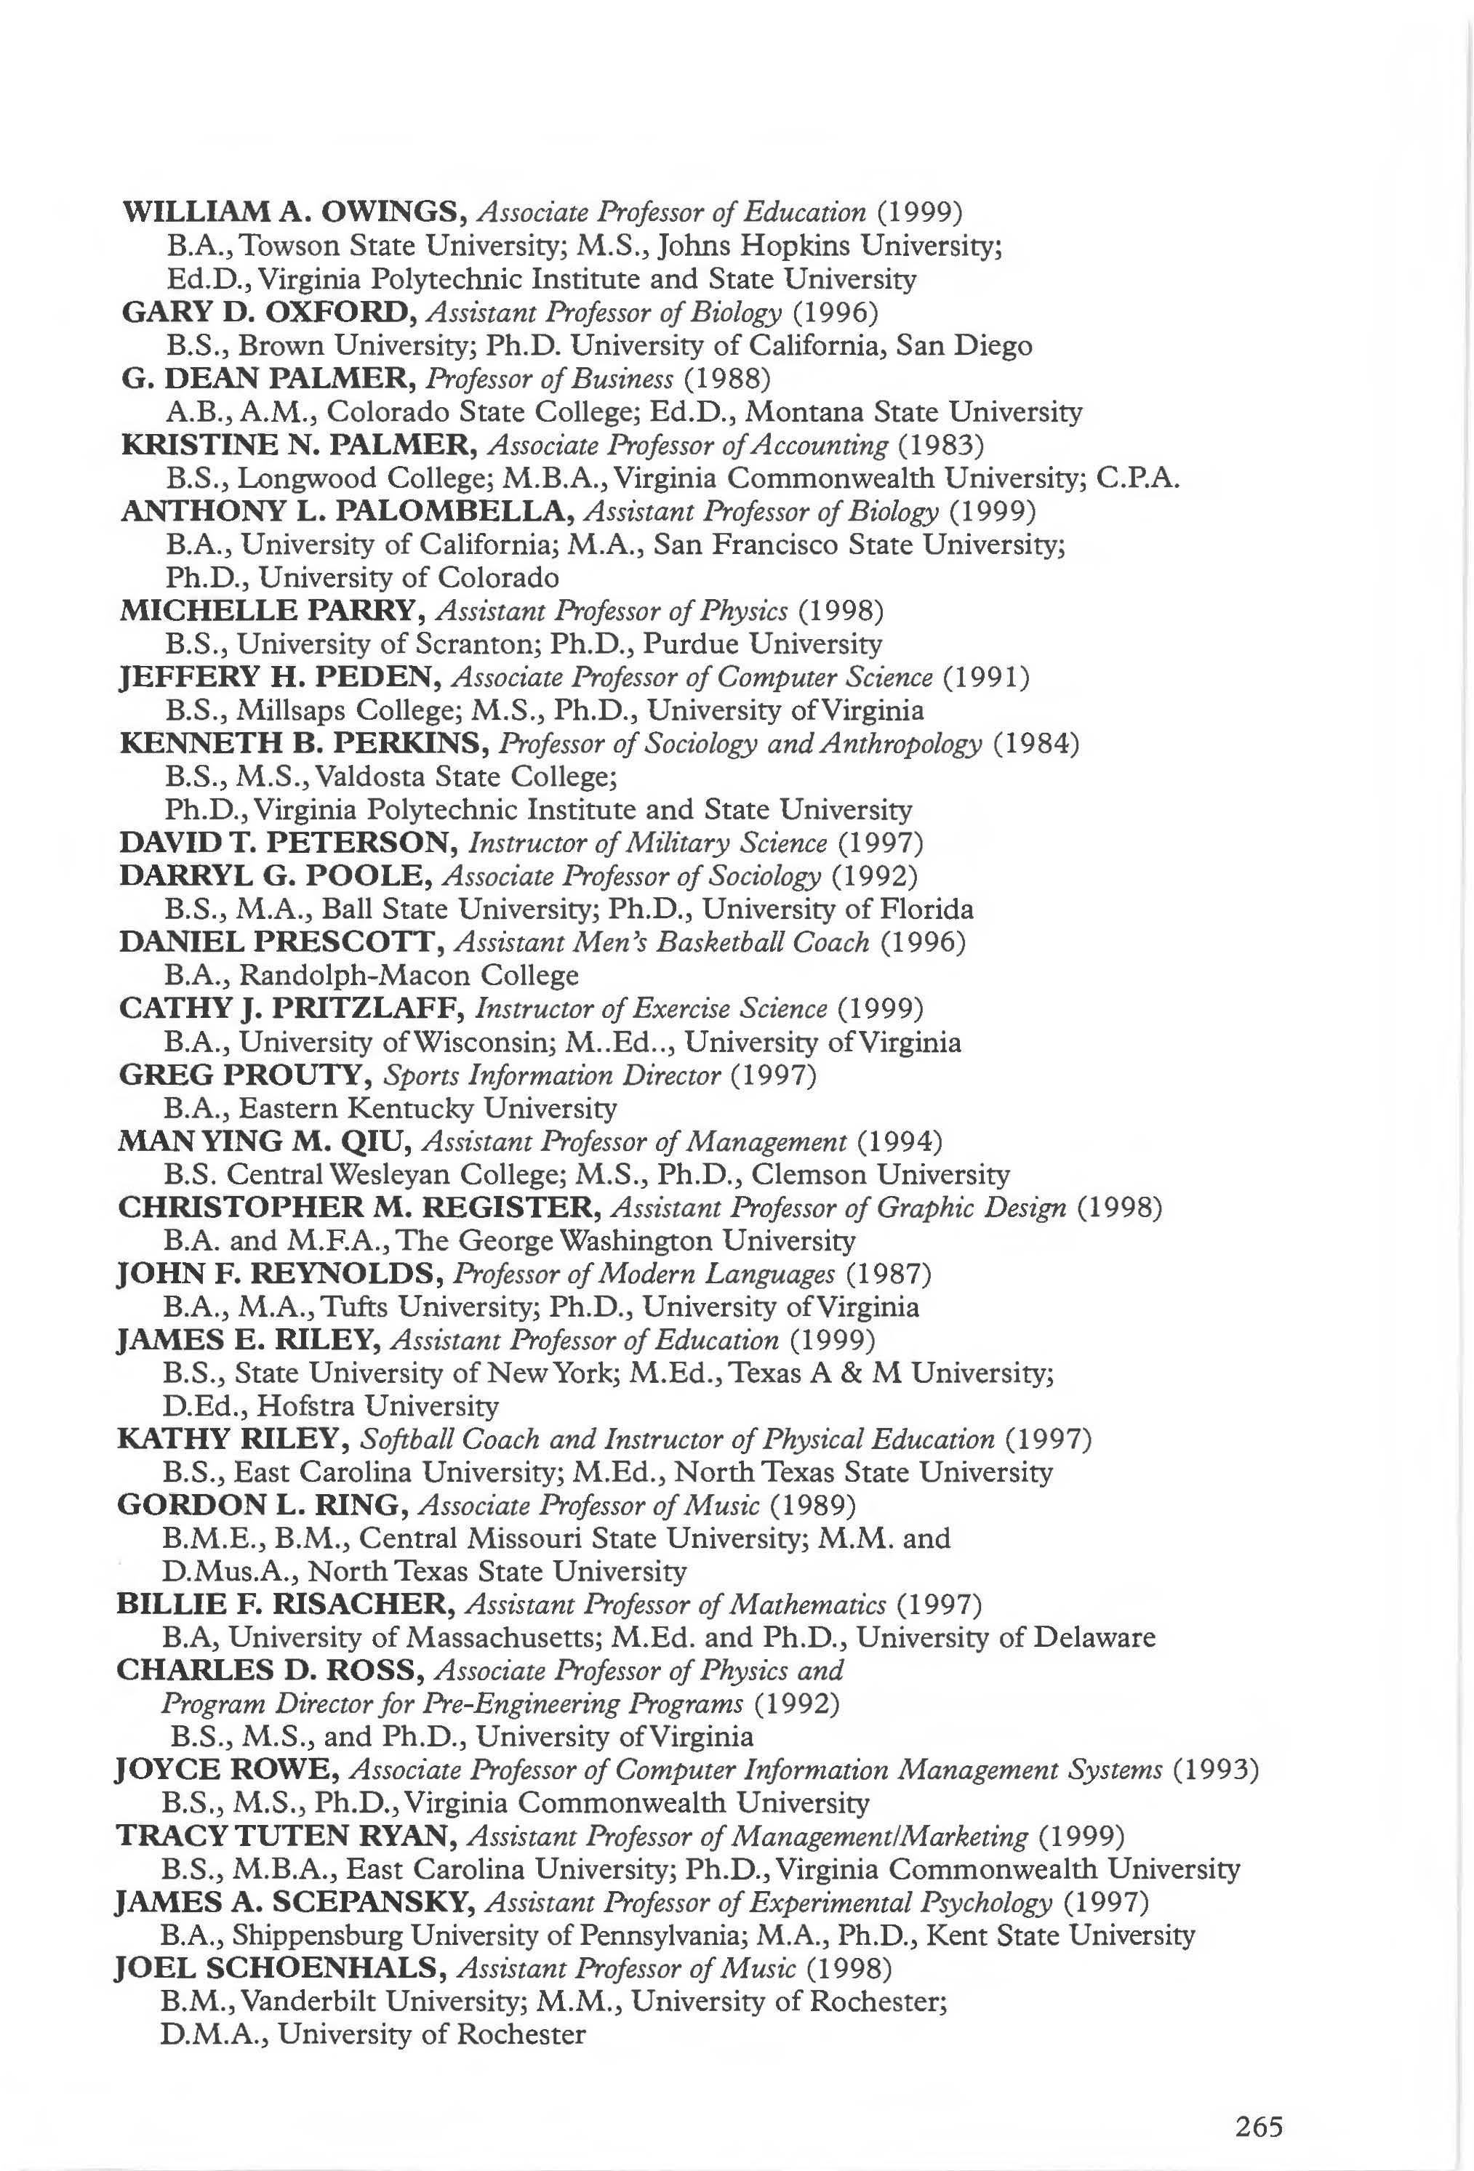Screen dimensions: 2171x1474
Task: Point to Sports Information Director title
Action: (x=552, y=1075)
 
